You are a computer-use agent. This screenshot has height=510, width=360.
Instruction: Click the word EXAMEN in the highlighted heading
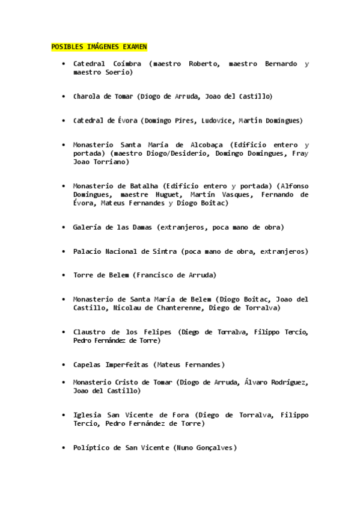coord(135,46)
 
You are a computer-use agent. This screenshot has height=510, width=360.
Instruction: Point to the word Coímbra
coord(127,64)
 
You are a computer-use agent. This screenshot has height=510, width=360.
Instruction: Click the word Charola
coord(87,96)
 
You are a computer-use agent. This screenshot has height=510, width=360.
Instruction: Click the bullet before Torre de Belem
coord(63,275)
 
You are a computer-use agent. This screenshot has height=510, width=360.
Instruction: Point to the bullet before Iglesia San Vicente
coord(63,415)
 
